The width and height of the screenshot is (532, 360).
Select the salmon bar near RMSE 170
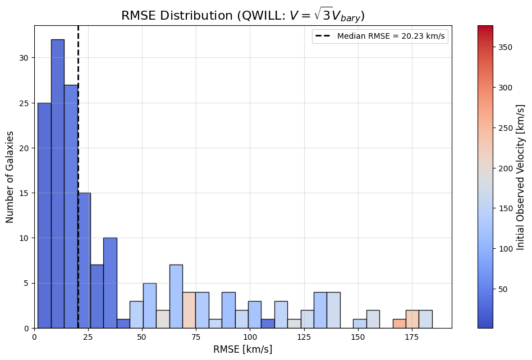coord(399,323)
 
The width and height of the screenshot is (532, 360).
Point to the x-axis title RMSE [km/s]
coord(242,349)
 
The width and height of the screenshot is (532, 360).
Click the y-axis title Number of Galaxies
coord(11,177)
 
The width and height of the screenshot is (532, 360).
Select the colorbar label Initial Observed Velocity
coord(520,177)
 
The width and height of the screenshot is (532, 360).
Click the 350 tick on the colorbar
coord(497,47)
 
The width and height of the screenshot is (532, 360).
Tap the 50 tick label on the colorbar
coord(503,289)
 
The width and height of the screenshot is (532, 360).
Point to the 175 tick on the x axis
coord(412,336)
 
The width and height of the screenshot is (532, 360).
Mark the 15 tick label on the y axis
coord(24,193)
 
